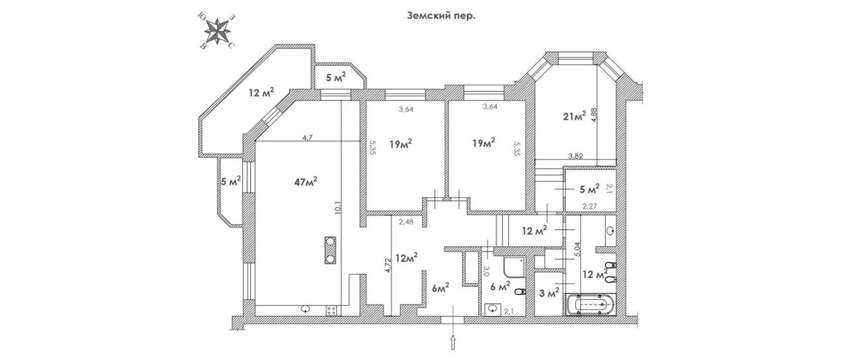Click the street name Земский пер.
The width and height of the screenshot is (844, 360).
pos(441,16)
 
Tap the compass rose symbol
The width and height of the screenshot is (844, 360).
pos(218,31)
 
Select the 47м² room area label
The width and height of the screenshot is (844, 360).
pos(305,182)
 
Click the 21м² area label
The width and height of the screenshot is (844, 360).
pos(574,116)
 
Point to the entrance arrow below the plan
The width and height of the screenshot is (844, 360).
pos(453,341)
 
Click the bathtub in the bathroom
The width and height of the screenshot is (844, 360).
pos(590,304)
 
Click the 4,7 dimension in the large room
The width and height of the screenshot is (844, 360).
pos(307,137)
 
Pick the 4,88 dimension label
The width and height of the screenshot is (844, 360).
pos(594,115)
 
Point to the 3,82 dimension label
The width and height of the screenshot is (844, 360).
pos(576,156)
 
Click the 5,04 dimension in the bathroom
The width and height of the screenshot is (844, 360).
pos(577,249)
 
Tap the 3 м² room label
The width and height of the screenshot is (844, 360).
pos(549,293)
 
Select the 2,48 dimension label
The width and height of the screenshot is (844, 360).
pos(406,222)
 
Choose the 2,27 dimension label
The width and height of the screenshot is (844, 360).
pos(590,206)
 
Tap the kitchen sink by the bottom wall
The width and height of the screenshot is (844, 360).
pos(305,309)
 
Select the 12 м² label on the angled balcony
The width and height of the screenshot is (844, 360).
pos(261,92)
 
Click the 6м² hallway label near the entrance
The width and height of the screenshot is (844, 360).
pos(440,288)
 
